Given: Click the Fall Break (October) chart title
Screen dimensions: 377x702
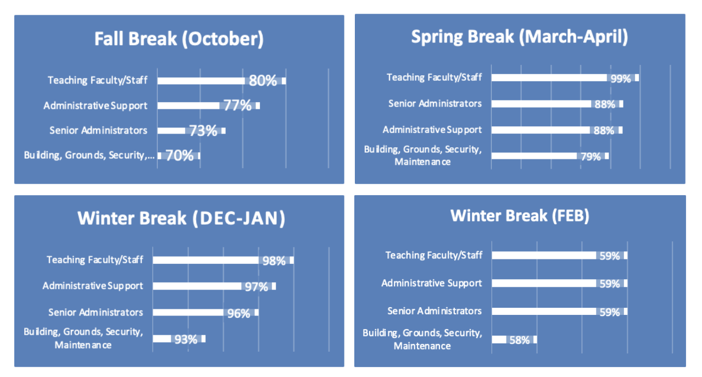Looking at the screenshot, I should pyautogui.click(x=179, y=39).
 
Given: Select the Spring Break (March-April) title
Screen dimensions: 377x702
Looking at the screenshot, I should pyautogui.click(x=519, y=37).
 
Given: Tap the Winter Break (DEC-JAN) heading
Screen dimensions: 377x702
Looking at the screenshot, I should pyautogui.click(x=181, y=218).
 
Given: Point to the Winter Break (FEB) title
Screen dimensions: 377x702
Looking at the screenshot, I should pyautogui.click(x=520, y=215).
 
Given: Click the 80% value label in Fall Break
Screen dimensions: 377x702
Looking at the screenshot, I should pyautogui.click(x=263, y=81).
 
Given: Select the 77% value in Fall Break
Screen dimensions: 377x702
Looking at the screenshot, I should pyautogui.click(x=237, y=106).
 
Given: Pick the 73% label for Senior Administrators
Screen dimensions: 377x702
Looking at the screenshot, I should pyautogui.click(x=203, y=131).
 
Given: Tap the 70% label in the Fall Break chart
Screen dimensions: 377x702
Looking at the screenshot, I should pyautogui.click(x=180, y=156).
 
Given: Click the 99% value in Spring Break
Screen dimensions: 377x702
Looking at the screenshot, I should pyautogui.click(x=621, y=79).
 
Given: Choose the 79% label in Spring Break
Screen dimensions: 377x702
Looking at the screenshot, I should pyautogui.click(x=590, y=157).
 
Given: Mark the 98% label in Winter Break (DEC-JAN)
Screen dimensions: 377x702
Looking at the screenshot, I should pyautogui.click(x=274, y=261).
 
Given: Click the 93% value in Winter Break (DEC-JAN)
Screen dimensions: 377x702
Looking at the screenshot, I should pyautogui.click(x=186, y=340).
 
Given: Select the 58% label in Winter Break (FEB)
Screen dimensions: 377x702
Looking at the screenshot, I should pyautogui.click(x=520, y=340).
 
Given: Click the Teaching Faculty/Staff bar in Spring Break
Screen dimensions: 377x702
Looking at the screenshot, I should pyautogui.click(x=549, y=77).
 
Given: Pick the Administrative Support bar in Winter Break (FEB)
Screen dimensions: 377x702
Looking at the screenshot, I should pyautogui.click(x=544, y=284).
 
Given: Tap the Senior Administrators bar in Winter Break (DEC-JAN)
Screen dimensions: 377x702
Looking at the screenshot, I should pyautogui.click(x=190, y=313).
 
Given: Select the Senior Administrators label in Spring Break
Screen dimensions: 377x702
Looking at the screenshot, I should pyautogui.click(x=434, y=103).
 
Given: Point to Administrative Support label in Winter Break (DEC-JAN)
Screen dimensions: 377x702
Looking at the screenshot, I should pyautogui.click(x=93, y=286).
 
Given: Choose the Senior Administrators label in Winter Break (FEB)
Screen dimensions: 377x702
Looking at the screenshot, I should pyautogui.click(x=434, y=311).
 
